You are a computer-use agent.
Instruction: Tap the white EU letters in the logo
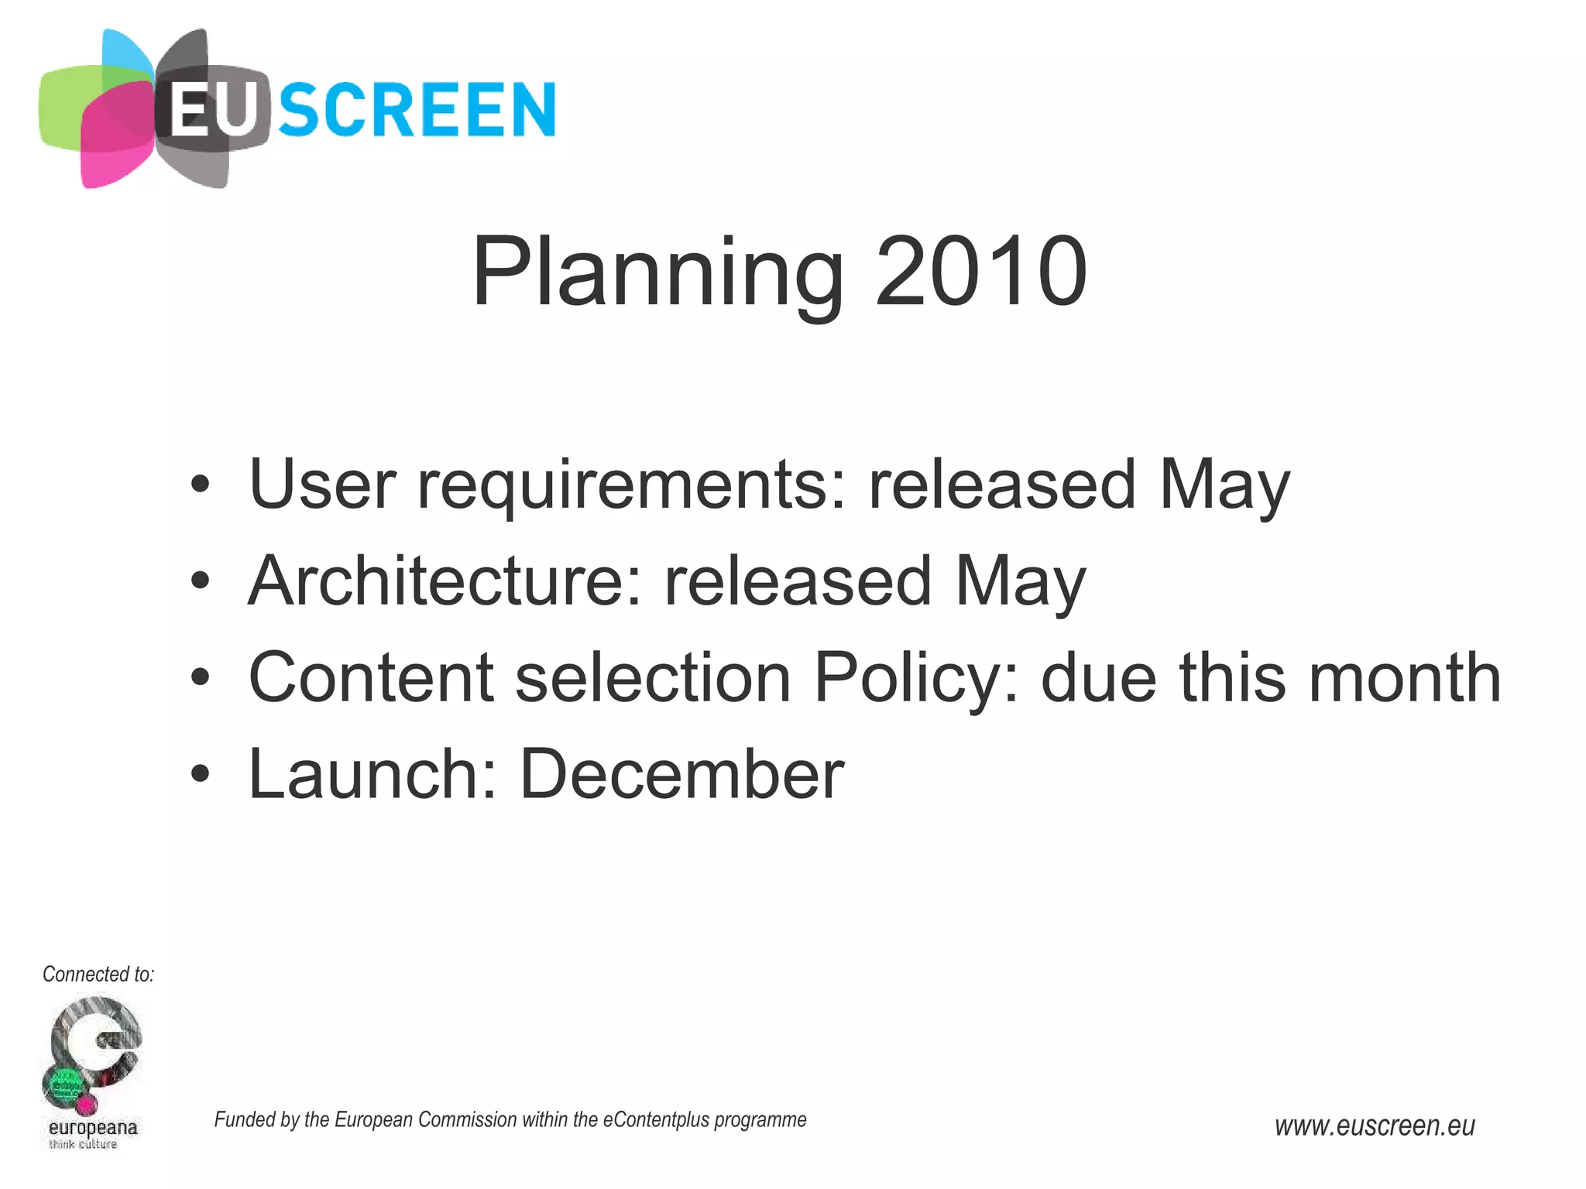211,111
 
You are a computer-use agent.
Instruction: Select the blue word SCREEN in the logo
417,111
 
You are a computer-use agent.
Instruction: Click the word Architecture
445,581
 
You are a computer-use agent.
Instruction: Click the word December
681,775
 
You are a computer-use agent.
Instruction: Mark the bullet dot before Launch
201,775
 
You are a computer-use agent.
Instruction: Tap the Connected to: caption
98,975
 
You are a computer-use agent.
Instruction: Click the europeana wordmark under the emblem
93,1127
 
